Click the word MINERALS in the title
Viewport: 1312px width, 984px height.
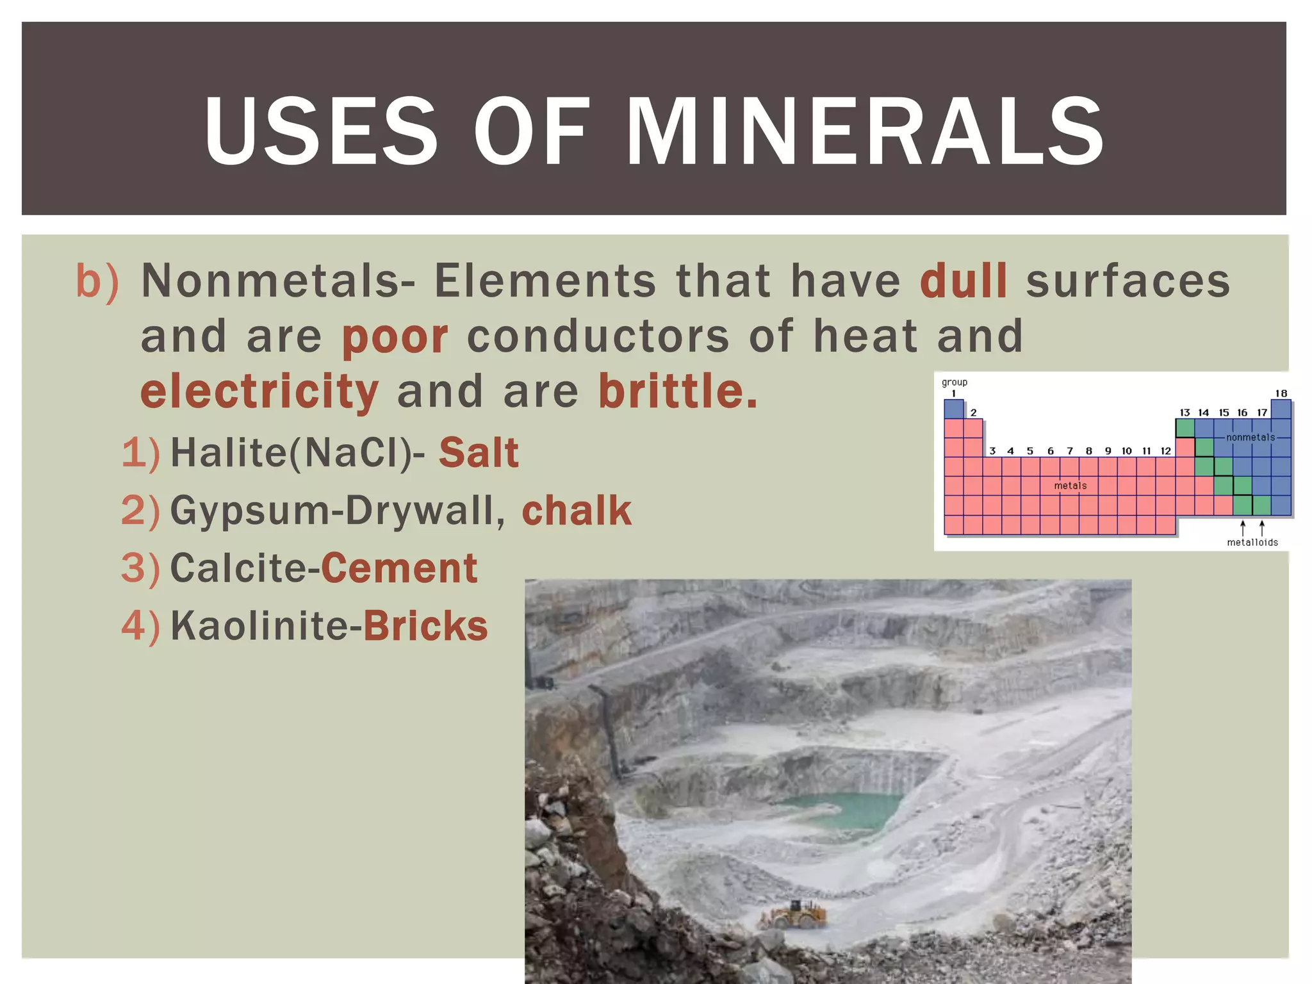(x=865, y=131)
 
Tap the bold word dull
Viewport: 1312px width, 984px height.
(x=963, y=282)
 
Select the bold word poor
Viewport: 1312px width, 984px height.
(x=395, y=337)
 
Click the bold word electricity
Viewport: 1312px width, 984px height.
(x=259, y=392)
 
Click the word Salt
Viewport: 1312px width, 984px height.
(x=479, y=453)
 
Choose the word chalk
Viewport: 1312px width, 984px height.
(x=577, y=511)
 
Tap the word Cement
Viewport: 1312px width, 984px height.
(x=399, y=568)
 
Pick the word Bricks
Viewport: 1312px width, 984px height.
(x=426, y=626)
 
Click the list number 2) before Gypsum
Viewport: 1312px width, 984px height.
(x=140, y=511)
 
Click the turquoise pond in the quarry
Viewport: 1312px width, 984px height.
(x=839, y=808)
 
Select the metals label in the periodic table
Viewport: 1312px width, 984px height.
(x=1070, y=486)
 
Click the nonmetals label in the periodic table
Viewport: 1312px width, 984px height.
(x=1250, y=438)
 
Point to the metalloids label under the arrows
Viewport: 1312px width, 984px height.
(x=1252, y=543)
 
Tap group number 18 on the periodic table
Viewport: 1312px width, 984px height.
(x=1281, y=393)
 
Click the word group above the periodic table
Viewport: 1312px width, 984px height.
(x=954, y=382)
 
